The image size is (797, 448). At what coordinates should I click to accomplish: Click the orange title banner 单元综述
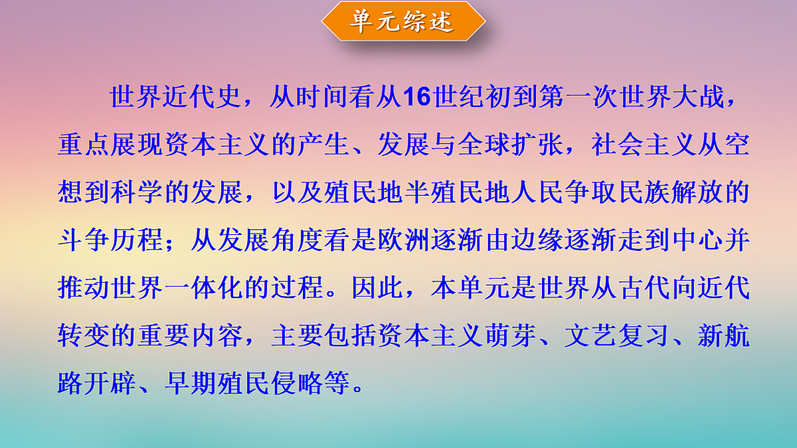pos(403,21)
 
